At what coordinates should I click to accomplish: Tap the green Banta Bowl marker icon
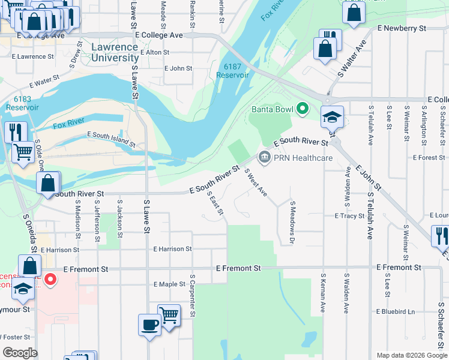pos(303,109)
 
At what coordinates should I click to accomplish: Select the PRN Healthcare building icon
pos(264,158)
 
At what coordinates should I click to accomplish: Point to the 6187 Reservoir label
pos(232,71)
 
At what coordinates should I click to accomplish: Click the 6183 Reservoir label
pos(22,102)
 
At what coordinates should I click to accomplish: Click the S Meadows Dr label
pos(292,223)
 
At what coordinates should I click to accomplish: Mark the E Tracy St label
pos(349,215)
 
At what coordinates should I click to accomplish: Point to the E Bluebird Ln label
pos(395,311)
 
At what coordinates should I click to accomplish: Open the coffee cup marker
pos(149,326)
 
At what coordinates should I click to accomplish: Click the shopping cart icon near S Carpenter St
pos(169,314)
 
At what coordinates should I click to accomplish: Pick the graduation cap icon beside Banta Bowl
pos(331,116)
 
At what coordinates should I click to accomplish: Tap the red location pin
pos(51,279)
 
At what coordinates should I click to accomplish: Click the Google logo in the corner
pos(20,353)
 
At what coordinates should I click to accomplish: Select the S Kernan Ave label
pos(323,293)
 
